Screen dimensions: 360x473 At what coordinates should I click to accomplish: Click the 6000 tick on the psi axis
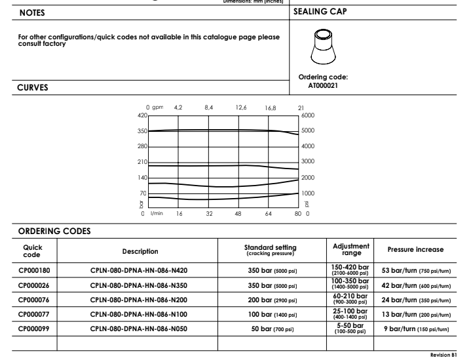point(307,115)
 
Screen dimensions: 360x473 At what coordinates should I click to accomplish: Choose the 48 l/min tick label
point(238,213)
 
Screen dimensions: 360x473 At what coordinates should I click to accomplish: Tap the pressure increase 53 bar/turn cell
point(415,269)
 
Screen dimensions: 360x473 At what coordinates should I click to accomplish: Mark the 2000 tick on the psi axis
point(307,178)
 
